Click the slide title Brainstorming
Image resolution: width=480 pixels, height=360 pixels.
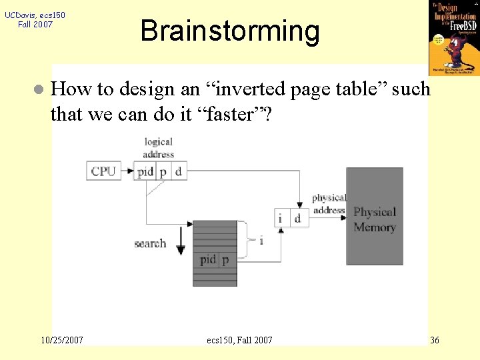(x=230, y=31)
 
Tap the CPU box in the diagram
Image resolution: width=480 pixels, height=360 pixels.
(x=103, y=171)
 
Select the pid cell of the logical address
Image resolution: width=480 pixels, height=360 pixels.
(x=145, y=171)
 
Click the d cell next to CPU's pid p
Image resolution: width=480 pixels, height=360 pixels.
(x=178, y=171)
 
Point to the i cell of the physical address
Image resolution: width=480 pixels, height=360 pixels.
(x=281, y=217)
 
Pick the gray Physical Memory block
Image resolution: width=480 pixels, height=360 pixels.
(x=374, y=217)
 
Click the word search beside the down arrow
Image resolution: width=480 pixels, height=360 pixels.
(x=150, y=243)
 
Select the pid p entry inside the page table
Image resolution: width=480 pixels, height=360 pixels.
(x=214, y=259)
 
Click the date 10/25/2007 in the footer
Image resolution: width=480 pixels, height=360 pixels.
(x=62, y=340)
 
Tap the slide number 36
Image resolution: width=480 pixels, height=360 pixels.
(x=435, y=340)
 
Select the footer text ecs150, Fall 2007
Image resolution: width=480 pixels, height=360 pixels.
(x=240, y=340)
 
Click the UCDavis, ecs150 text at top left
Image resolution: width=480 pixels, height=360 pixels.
(x=35, y=15)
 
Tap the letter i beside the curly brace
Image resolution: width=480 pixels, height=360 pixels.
(x=261, y=240)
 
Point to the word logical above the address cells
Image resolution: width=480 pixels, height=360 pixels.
(x=159, y=141)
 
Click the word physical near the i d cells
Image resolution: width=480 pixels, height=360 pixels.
(x=329, y=198)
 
